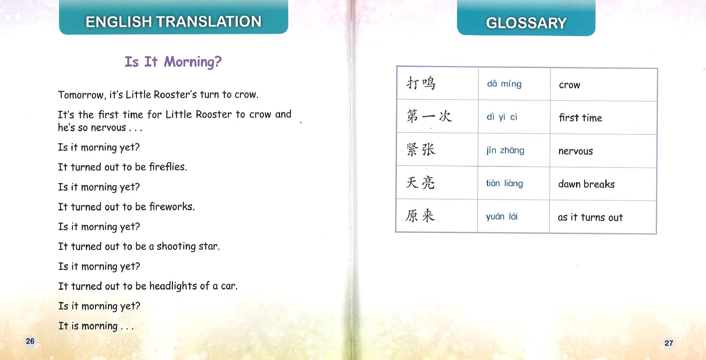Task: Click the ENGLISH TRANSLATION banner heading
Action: pos(173,22)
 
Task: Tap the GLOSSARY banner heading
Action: pos(526,23)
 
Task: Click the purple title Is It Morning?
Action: pos(173,62)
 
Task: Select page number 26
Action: pos(30,341)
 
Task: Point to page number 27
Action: pos(668,343)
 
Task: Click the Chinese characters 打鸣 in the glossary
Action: pos(421,83)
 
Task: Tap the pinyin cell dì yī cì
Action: pos(502,117)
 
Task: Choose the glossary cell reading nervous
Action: pos(576,151)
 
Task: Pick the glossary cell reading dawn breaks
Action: pos(586,184)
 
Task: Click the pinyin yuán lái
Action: pos(502,217)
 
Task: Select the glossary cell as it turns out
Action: pos(590,217)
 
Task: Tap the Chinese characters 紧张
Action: pos(421,150)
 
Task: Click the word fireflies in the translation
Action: pos(168,167)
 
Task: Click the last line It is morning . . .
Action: pos(96,326)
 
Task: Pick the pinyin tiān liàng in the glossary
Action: pos(504,183)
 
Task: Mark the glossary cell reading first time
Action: pos(581,118)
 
